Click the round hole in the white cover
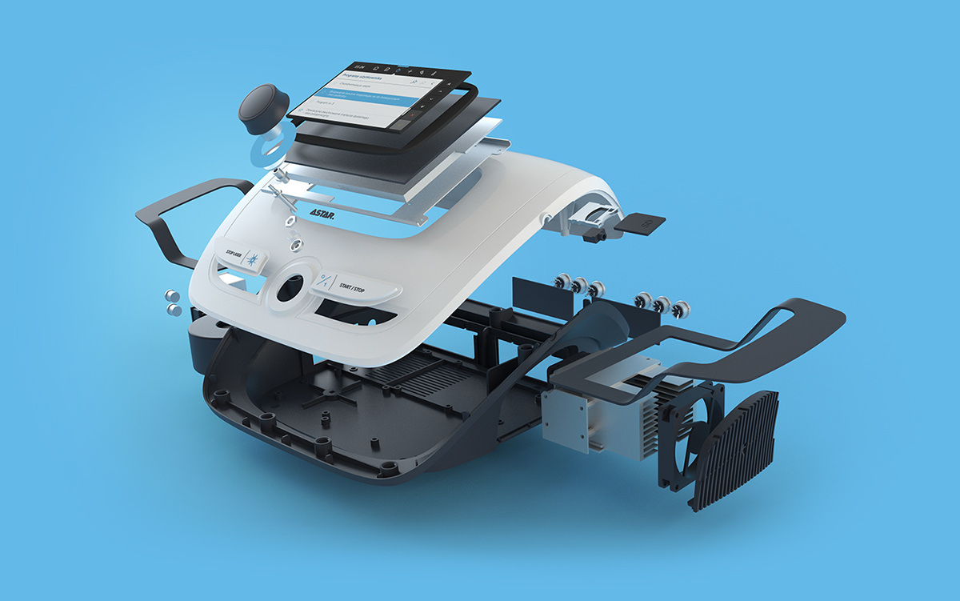[x=289, y=286]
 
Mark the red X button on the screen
[x=411, y=115]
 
